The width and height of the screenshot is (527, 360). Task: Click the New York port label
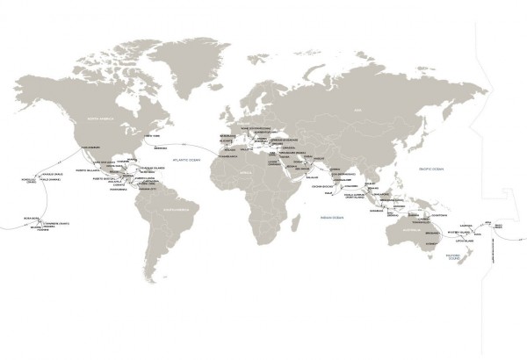pyautogui.click(x=151, y=136)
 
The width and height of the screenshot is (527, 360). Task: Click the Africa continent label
pyautogui.click(x=265, y=175)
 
